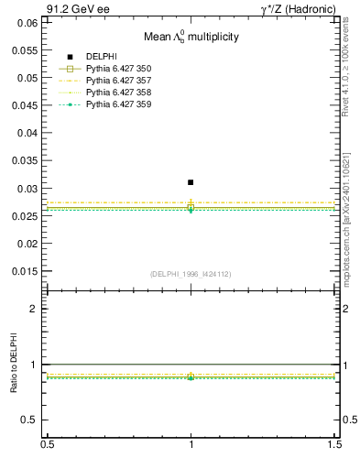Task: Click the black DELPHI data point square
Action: tap(191, 182)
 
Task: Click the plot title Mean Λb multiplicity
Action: tap(191, 38)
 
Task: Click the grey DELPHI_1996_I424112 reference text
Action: tap(191, 274)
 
